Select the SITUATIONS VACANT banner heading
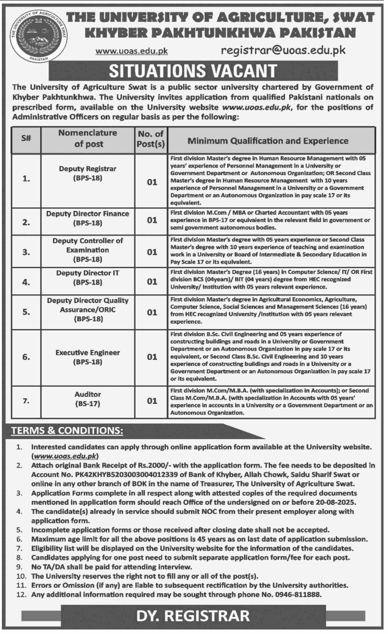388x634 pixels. (x=193, y=71)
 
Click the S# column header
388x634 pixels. (x=26, y=138)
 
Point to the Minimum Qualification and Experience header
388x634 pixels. (x=268, y=141)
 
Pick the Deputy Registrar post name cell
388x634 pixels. (x=88, y=173)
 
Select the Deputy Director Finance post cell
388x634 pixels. (x=88, y=218)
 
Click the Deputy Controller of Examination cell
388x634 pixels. (x=88, y=250)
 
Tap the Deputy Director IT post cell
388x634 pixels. (x=88, y=278)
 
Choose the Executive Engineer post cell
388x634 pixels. (x=88, y=357)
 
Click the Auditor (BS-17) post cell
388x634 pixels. (x=88, y=399)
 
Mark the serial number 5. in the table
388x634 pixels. (x=26, y=312)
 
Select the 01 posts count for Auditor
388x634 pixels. (x=152, y=401)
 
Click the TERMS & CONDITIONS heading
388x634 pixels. (x=67, y=431)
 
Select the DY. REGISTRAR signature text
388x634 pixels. (x=193, y=616)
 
